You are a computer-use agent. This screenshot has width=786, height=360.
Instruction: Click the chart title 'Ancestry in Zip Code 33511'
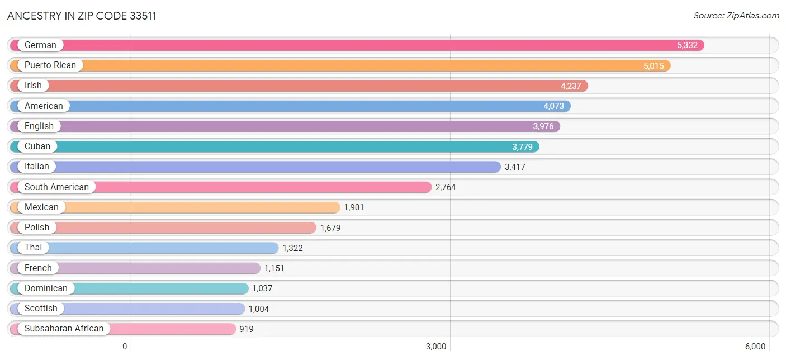click(x=82, y=16)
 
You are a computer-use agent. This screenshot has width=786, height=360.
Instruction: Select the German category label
click(x=40, y=45)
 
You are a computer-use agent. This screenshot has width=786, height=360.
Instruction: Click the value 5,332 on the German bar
click(x=688, y=45)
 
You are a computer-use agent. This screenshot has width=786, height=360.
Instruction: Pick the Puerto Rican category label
click(x=50, y=65)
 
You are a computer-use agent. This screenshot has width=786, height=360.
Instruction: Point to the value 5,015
click(x=654, y=65)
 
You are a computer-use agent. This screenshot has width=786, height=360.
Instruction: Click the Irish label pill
click(x=33, y=86)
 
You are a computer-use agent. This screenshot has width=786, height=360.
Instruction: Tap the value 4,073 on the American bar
click(x=553, y=106)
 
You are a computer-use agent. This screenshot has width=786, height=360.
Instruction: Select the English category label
click(x=39, y=126)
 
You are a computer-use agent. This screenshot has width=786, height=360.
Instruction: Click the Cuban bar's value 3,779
click(x=523, y=146)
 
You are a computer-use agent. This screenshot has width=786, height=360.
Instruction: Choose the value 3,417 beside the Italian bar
click(x=515, y=167)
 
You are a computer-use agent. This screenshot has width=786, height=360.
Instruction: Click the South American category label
click(x=56, y=187)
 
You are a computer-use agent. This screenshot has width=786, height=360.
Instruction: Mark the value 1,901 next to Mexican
click(x=354, y=207)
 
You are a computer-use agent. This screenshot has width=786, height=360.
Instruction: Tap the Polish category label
click(x=37, y=228)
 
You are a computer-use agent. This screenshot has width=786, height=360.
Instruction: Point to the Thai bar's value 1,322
click(x=292, y=248)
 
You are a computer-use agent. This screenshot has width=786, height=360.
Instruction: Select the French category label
click(x=38, y=268)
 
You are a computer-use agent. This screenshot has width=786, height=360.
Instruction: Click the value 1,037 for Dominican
click(x=262, y=288)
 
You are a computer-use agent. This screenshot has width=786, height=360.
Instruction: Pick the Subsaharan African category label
click(x=64, y=329)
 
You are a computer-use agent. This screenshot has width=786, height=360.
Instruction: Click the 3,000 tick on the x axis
click(x=436, y=347)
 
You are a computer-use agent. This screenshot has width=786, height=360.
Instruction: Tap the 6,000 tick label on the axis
click(x=755, y=347)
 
